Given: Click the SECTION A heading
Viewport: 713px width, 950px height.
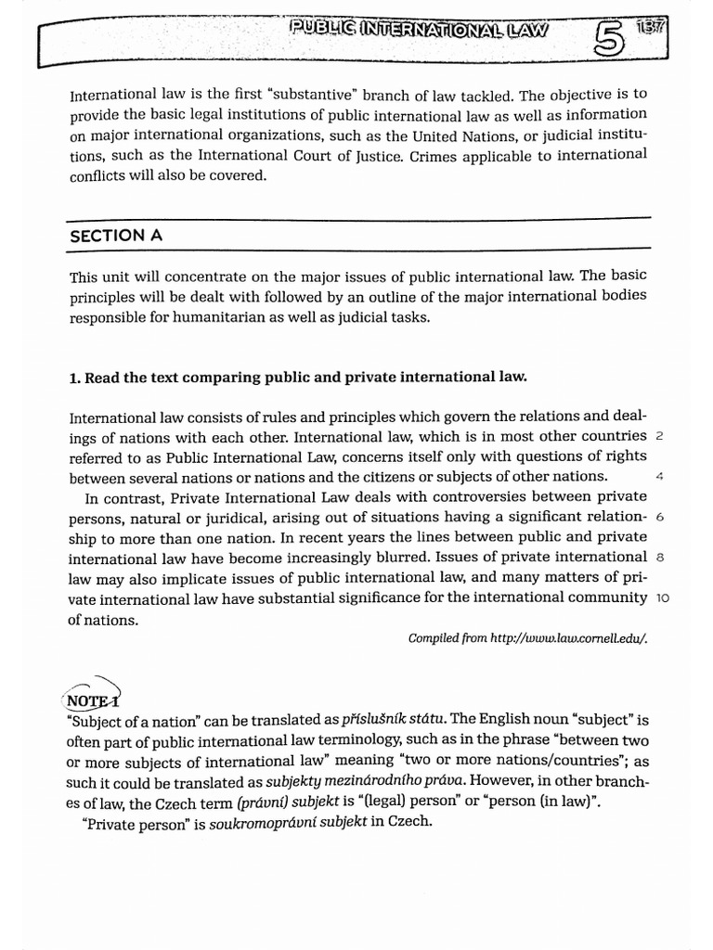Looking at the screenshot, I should (x=116, y=236).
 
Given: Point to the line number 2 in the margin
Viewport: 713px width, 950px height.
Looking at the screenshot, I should (x=659, y=436).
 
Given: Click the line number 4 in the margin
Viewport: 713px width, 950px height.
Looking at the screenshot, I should (x=659, y=477).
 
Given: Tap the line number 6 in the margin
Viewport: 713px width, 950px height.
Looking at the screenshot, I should (x=659, y=517).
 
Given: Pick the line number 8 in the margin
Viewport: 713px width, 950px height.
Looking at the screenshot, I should (x=659, y=558).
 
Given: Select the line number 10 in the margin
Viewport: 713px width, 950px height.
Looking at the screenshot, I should (x=663, y=598).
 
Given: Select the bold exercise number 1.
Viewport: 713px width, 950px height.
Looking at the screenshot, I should (x=75, y=377).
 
